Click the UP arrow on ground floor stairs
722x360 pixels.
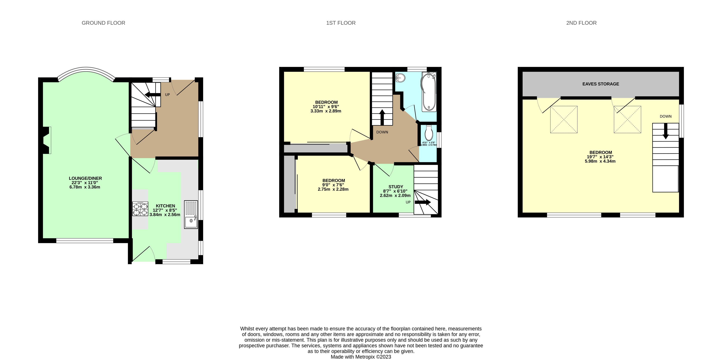click(153, 95)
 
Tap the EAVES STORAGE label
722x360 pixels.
click(600, 84)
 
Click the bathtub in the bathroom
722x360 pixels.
click(429, 92)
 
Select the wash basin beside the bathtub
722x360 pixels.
click(400, 77)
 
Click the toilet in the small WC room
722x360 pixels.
click(429, 133)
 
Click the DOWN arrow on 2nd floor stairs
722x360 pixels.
click(665, 131)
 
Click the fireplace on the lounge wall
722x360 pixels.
click(46, 140)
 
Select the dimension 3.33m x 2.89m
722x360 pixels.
click(326, 111)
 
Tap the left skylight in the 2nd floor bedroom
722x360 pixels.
click(564, 119)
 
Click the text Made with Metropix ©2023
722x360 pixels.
click(361, 357)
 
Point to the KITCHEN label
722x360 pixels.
click(165, 206)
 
